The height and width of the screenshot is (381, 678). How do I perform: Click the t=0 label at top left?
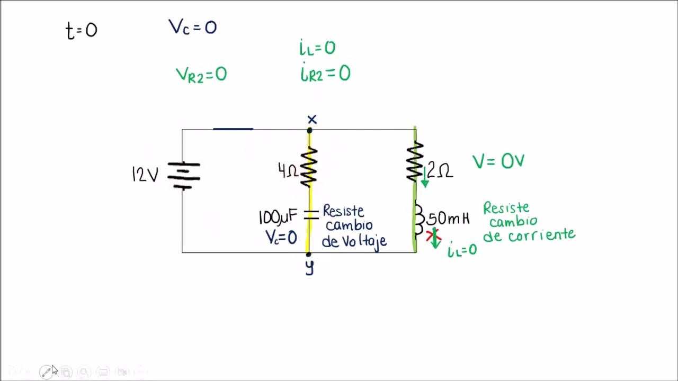pyautogui.click(x=82, y=30)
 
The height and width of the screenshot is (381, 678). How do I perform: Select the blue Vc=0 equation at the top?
pyautogui.click(x=192, y=27)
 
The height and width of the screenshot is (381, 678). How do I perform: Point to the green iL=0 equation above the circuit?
pyautogui.click(x=317, y=48)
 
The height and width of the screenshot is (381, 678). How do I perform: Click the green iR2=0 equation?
pyautogui.click(x=325, y=73)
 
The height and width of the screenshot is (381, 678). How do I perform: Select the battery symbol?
pyautogui.click(x=183, y=175)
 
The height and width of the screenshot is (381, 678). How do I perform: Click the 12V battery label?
pyautogui.click(x=145, y=175)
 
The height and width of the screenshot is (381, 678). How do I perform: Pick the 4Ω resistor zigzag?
pyautogui.click(x=309, y=167)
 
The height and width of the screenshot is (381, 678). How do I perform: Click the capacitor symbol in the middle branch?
pyautogui.click(x=310, y=214)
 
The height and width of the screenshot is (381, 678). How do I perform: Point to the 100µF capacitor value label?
pyautogui.click(x=278, y=217)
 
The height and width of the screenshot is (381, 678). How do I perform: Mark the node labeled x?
pyautogui.click(x=310, y=130)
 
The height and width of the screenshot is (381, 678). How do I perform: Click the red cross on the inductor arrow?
pyautogui.click(x=434, y=234)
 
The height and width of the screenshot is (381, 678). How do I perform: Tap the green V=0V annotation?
pyautogui.click(x=498, y=161)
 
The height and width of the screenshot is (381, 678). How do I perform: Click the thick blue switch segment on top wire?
pyautogui.click(x=233, y=129)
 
